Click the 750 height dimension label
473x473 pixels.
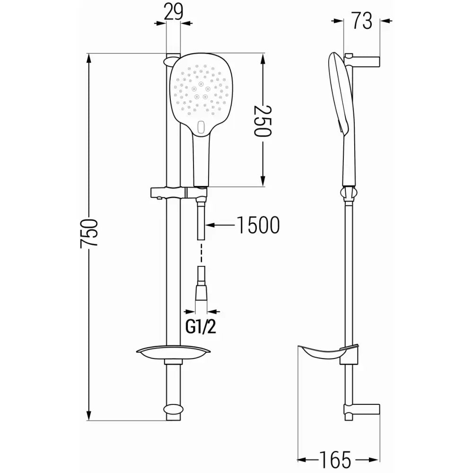click(x=89, y=232)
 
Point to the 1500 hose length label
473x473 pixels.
click(x=258, y=226)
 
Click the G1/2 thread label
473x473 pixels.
click(x=201, y=327)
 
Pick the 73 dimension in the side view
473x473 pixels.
click(x=362, y=21)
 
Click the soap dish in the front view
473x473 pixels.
click(x=174, y=352)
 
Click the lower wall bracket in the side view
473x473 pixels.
click(x=364, y=410)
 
